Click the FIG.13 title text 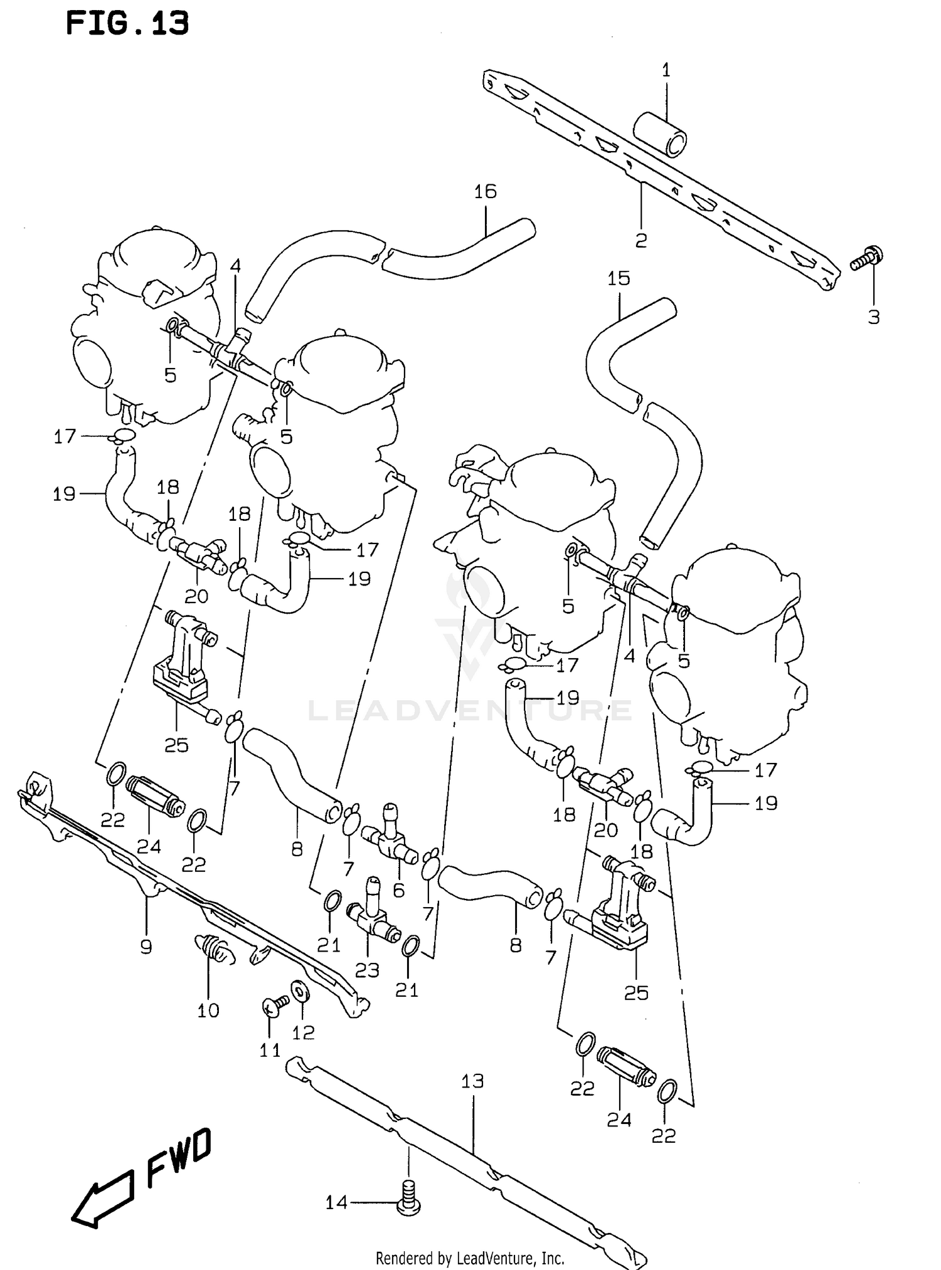pyautogui.click(x=127, y=24)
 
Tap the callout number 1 pyautogui.click(x=666, y=70)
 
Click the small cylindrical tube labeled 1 pyautogui.click(x=660, y=134)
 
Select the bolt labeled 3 pyautogui.click(x=868, y=258)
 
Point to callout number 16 pyautogui.click(x=485, y=191)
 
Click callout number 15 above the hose pyautogui.click(x=619, y=278)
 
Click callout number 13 pyautogui.click(x=472, y=1081)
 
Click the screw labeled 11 pyautogui.click(x=272, y=1007)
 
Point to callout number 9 pyautogui.click(x=146, y=947)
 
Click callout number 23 pyautogui.click(x=367, y=970)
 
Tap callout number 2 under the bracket pyautogui.click(x=641, y=240)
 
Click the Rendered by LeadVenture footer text pyautogui.click(x=470, y=1257)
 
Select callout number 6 pyautogui.click(x=399, y=890)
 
